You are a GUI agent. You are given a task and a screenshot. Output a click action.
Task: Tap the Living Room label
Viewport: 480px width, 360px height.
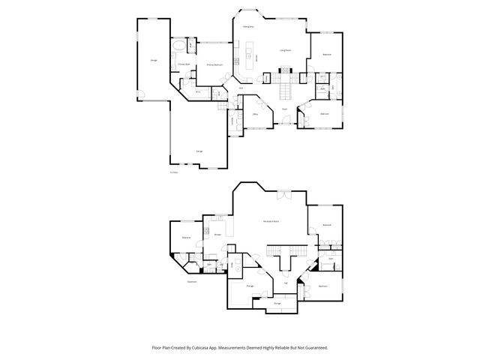(286, 50)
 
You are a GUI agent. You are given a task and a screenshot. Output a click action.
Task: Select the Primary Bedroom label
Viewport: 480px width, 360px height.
(215, 65)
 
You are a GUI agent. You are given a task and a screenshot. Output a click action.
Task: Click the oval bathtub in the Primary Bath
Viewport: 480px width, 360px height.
(178, 47)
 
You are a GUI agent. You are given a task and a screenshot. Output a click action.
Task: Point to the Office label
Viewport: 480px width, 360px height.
(256, 114)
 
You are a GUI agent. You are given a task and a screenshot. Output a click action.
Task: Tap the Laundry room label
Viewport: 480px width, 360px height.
(232, 121)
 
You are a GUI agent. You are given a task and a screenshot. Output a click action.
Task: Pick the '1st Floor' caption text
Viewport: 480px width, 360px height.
(174, 172)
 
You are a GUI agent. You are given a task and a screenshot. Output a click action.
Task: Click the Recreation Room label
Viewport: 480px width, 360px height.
(271, 221)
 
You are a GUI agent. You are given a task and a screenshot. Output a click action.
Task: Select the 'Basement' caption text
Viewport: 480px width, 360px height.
(193, 282)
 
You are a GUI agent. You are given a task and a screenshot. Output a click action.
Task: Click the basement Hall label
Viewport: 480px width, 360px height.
(286, 282)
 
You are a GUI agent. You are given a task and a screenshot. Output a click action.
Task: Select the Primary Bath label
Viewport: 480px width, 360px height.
(184, 64)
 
